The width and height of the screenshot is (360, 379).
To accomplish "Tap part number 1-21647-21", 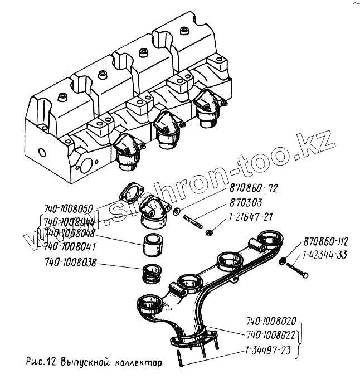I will [x=250, y=216].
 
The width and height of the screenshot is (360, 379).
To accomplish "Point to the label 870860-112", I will [x=325, y=242].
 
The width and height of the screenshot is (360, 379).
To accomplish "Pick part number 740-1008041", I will [x=68, y=245].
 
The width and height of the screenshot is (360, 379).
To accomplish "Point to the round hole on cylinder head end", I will [x=43, y=152].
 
